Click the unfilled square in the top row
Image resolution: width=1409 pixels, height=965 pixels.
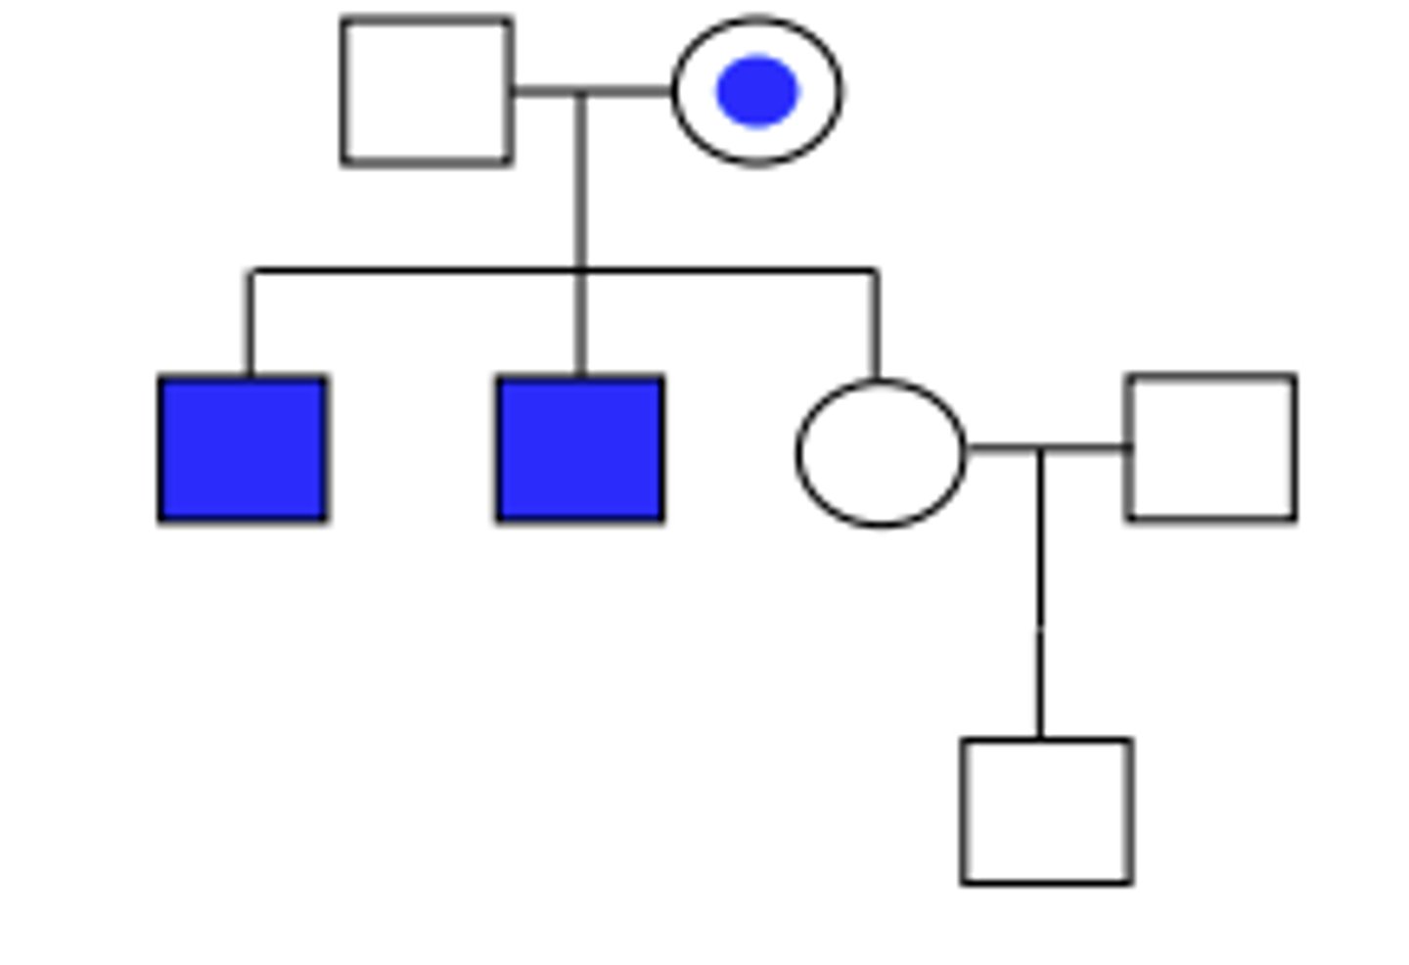click(427, 91)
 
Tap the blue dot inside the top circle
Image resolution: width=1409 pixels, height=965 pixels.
click(756, 91)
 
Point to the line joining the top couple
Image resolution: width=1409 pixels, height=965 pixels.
click(626, 91)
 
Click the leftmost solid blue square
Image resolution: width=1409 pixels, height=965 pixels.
click(243, 449)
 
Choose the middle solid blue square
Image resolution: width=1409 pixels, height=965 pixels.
click(580, 449)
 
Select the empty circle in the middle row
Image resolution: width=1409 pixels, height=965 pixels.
click(881, 453)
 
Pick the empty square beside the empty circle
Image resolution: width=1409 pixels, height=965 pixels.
click(1212, 447)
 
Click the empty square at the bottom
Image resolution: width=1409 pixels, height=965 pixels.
click(1047, 811)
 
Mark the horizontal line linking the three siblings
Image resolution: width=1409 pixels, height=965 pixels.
click(411, 269)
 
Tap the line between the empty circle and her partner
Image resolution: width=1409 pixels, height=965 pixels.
click(1086, 448)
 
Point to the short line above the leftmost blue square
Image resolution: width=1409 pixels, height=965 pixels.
click(250, 323)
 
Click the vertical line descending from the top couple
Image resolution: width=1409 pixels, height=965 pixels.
click(581, 181)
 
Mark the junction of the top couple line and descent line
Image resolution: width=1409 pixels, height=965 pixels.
click(581, 92)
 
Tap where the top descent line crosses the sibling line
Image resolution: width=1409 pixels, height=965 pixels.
click(581, 269)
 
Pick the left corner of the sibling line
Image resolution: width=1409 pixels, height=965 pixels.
click(251, 270)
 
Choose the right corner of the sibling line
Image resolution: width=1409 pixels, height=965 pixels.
click(876, 270)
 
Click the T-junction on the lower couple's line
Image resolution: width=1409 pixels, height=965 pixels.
click(1040, 449)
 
